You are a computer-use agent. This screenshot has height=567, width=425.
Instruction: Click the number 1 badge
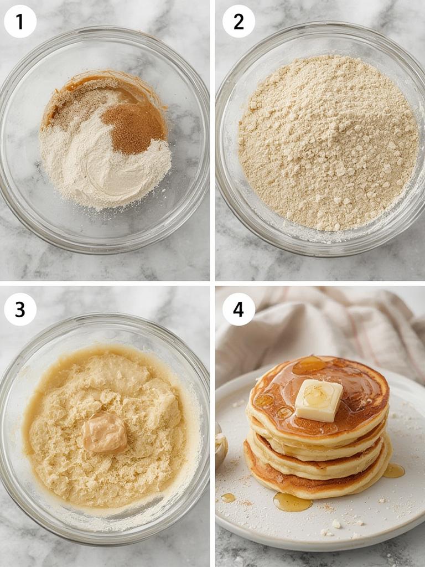20,22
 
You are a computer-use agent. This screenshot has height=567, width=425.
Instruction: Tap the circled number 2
239,22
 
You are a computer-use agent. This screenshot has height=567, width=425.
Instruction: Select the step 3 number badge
20,309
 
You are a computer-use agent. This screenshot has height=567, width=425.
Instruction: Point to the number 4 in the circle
239,309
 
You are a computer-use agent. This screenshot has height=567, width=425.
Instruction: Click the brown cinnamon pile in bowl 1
134,127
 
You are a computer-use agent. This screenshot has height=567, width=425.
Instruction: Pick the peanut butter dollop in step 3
105,432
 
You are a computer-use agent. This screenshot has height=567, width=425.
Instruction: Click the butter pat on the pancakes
318,399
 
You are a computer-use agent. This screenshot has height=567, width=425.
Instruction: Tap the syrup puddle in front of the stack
292,502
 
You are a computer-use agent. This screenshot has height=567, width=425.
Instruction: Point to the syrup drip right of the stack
393,470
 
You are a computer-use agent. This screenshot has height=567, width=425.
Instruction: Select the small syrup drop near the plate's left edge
228,498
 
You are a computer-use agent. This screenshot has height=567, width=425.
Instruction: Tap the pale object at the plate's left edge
221,446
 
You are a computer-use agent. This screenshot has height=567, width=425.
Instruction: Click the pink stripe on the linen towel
382,332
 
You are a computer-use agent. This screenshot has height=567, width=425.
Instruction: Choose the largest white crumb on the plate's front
336,523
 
